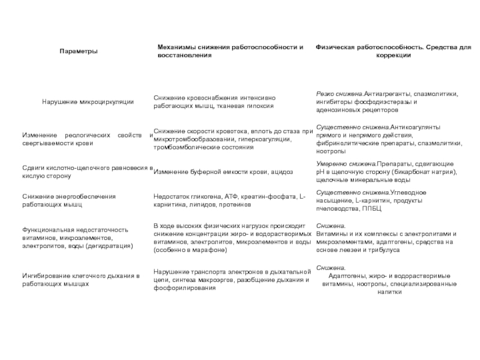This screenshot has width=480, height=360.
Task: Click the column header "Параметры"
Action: [79, 51]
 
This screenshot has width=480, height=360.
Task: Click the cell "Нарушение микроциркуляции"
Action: [88, 102]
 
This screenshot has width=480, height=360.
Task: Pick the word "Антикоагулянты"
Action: [415, 128]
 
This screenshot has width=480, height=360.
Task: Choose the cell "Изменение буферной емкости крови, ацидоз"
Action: [224, 172]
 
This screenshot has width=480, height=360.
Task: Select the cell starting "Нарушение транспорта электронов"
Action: [231, 280]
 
